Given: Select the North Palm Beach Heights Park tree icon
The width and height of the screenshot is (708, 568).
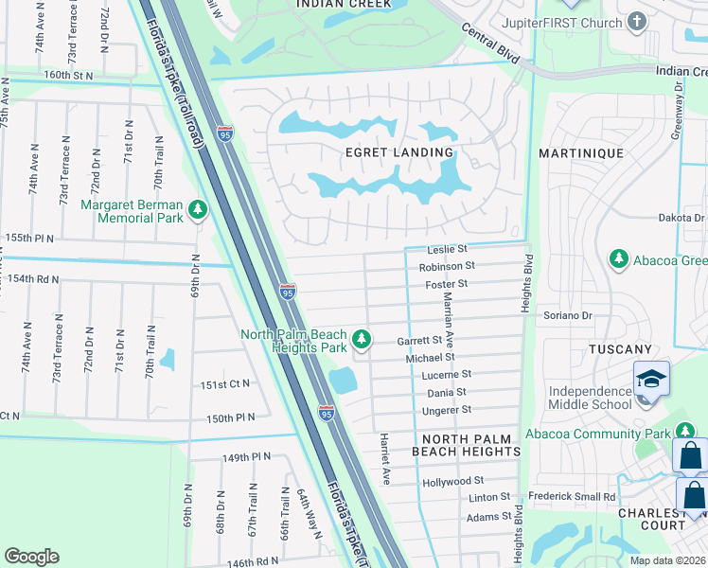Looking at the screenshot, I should [361, 338].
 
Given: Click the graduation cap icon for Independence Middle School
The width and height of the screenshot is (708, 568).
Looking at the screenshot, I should [651, 379].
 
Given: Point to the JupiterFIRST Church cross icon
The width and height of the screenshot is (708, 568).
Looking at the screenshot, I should [637, 21].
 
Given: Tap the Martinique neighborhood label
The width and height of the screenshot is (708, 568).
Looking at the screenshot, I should [580, 152].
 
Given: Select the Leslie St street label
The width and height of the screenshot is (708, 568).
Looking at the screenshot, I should [448, 249].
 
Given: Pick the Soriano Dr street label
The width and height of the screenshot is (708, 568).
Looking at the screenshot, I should [567, 315].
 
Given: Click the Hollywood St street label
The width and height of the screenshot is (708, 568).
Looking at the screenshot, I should [453, 482].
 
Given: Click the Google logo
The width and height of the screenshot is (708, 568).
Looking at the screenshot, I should [32, 556].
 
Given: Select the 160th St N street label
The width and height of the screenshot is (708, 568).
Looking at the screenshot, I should [69, 75].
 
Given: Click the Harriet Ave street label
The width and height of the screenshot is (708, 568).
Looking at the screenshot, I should [385, 460].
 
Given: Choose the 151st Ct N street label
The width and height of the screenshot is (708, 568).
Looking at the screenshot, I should [225, 383].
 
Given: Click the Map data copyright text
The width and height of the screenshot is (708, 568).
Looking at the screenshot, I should [667, 560].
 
